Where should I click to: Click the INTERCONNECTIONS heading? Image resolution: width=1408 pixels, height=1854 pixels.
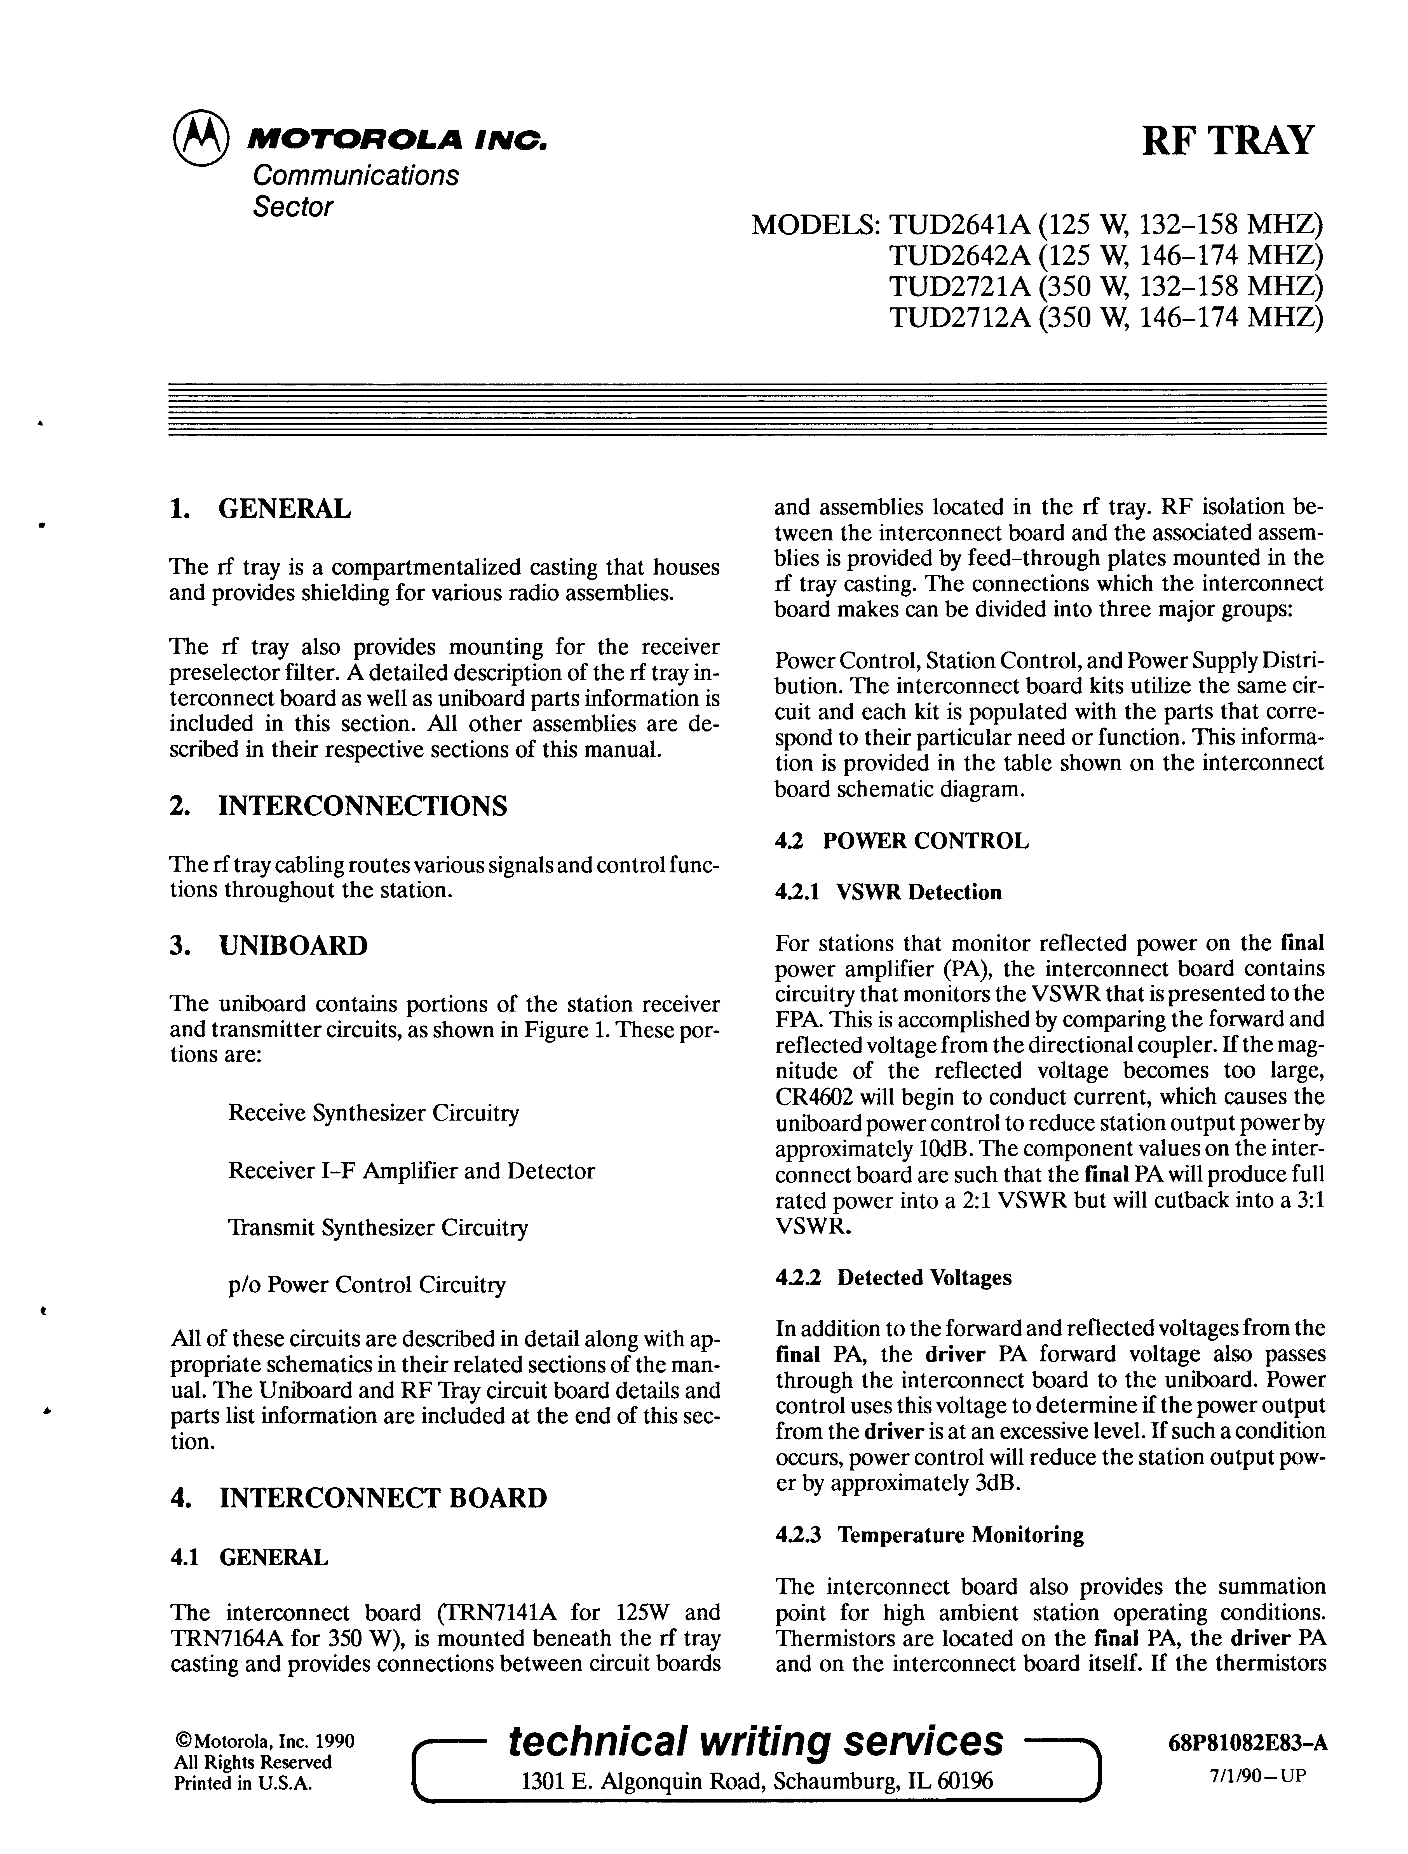(362, 806)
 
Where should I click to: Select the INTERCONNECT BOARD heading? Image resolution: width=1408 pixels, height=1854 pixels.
(382, 1498)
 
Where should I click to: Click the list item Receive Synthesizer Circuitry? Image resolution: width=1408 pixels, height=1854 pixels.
(373, 1113)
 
